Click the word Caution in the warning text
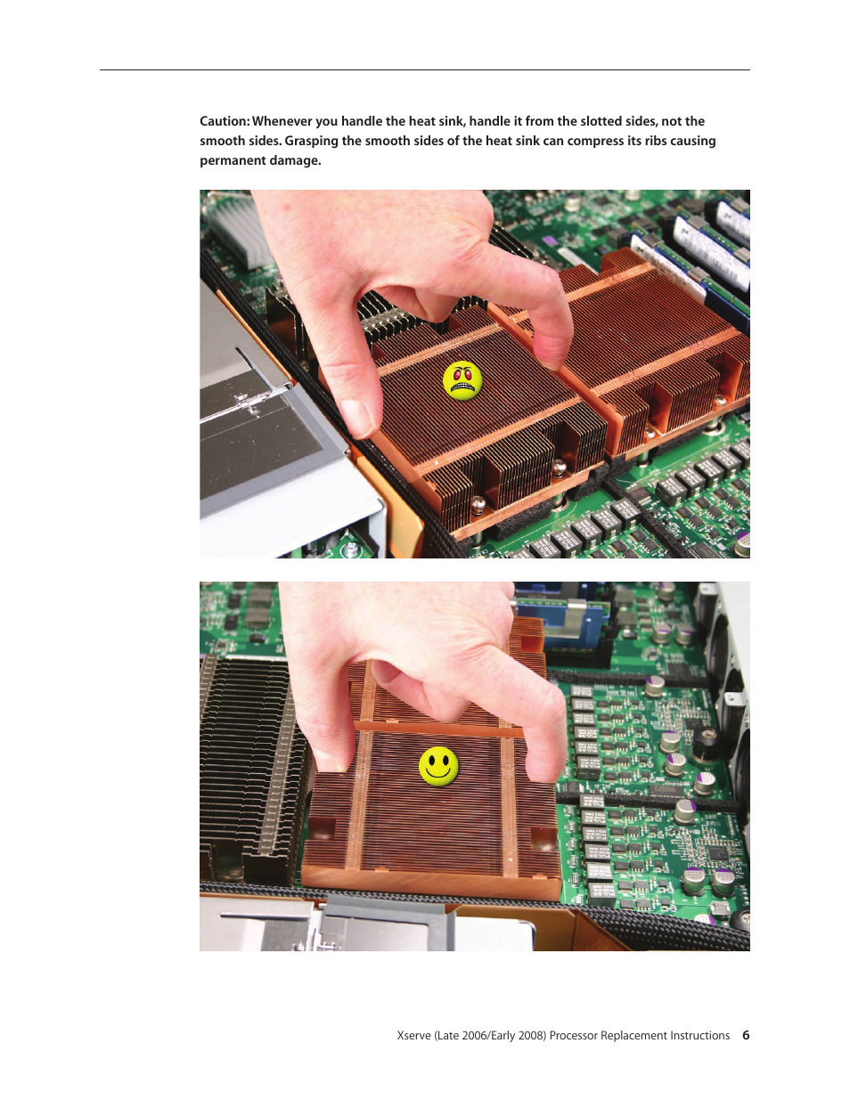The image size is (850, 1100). pos(224,121)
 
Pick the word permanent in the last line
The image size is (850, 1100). pos(233,160)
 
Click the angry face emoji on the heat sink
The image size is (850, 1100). pos(462,381)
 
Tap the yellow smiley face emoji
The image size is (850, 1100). pos(438,766)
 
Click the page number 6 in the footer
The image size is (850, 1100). pos(746,1035)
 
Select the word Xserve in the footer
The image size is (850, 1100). pos(414,1035)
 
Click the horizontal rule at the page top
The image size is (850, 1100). pos(424,69)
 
